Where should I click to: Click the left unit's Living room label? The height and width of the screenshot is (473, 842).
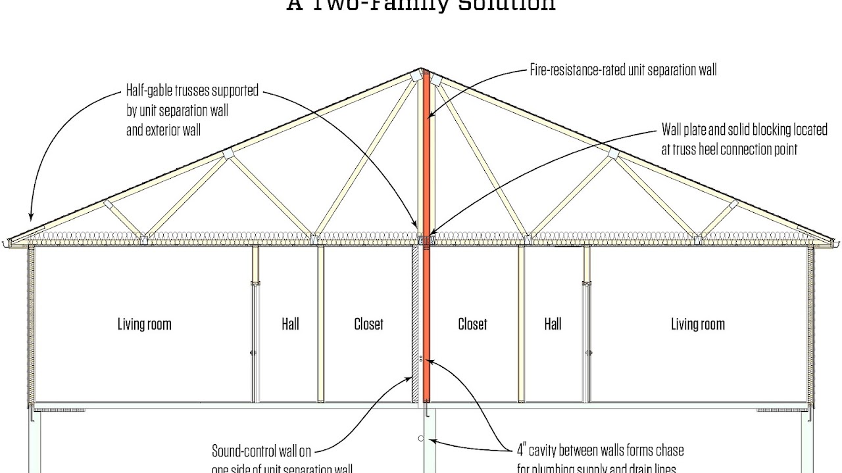click(x=144, y=324)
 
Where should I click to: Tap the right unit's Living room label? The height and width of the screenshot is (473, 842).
click(x=697, y=324)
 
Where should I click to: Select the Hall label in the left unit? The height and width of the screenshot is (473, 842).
click(x=290, y=324)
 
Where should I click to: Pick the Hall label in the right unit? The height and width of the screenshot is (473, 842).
click(x=553, y=324)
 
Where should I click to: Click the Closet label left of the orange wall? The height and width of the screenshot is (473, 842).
click(x=368, y=324)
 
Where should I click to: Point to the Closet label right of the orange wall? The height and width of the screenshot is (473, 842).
click(x=472, y=324)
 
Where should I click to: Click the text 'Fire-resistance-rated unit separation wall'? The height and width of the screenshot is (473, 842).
click(x=623, y=70)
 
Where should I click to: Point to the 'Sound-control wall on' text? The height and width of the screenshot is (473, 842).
click(x=261, y=451)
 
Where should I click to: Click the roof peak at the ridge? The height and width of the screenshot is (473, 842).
click(x=422, y=68)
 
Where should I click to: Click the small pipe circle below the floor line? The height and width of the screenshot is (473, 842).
click(x=420, y=438)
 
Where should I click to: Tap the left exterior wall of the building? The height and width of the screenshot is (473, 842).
click(x=31, y=325)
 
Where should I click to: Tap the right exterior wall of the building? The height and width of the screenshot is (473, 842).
click(x=810, y=325)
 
